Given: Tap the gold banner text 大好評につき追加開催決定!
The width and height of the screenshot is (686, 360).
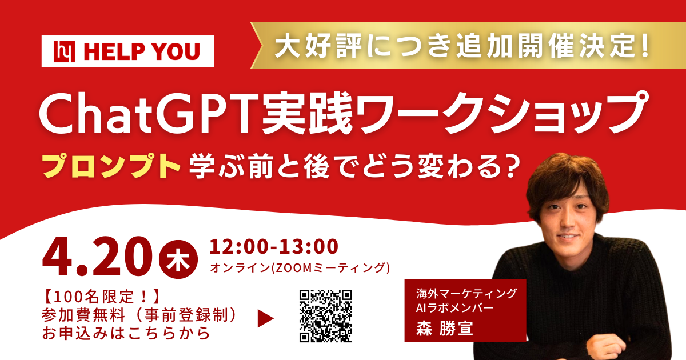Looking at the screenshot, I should pyautogui.click(x=463, y=45).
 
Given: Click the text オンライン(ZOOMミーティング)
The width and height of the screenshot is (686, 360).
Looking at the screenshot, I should pyautogui.click(x=300, y=267).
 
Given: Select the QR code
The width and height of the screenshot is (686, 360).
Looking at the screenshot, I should pyautogui.click(x=326, y=315).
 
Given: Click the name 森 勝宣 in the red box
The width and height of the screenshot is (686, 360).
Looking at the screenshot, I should pyautogui.click(x=445, y=330).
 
